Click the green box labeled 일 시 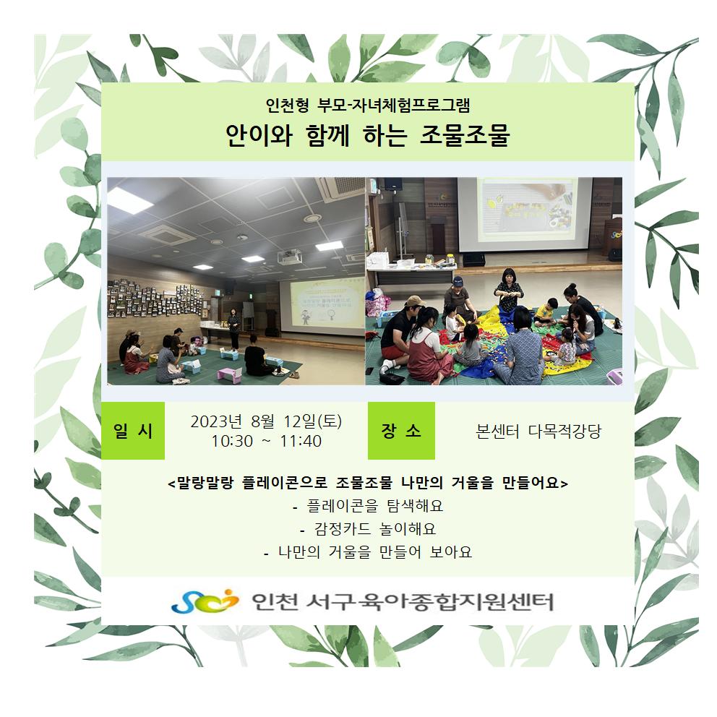coord(132,431)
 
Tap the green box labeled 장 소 coord(401,431)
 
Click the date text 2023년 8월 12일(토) coord(266,421)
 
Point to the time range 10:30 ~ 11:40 coord(266,442)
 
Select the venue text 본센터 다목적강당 coord(538,432)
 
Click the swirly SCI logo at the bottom coord(205,601)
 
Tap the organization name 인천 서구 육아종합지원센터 coord(403,602)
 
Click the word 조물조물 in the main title coord(465,135)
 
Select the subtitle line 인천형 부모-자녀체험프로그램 coord(368,106)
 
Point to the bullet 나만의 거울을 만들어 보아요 coord(368,552)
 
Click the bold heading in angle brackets coord(368,483)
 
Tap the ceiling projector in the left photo coord(289,257)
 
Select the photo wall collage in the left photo coord(155,299)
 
